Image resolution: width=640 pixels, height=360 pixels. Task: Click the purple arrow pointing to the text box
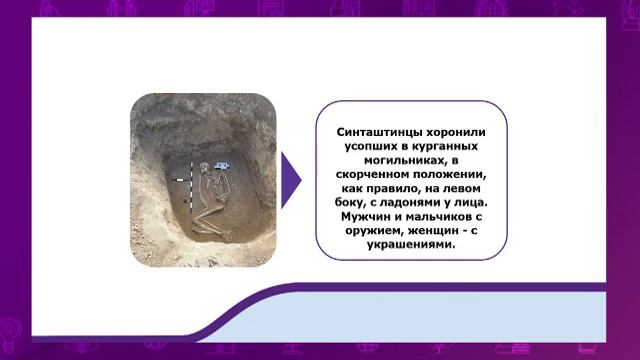[290, 180]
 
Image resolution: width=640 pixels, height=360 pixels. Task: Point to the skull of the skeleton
[205, 167]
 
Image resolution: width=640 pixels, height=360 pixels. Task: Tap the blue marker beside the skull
[221, 164]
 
